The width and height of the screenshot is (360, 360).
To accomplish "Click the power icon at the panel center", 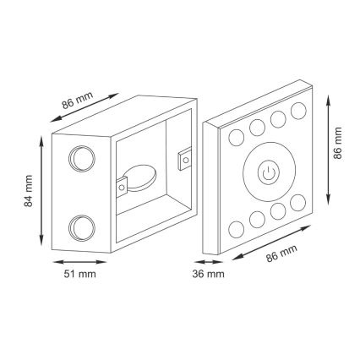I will coord(268,174).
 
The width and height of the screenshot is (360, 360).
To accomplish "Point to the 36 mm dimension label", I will coord(209,274).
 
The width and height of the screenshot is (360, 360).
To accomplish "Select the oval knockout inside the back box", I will coord(140,177).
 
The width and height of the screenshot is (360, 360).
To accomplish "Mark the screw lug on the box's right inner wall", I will coord(185,158).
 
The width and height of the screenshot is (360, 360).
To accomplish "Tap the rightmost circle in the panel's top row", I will coord(297,109).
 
